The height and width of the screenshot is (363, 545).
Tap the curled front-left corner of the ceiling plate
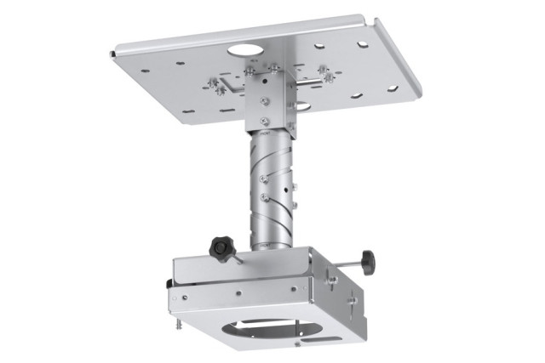(x=114, y=54)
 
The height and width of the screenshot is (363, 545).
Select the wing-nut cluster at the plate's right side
(x=324, y=73)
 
